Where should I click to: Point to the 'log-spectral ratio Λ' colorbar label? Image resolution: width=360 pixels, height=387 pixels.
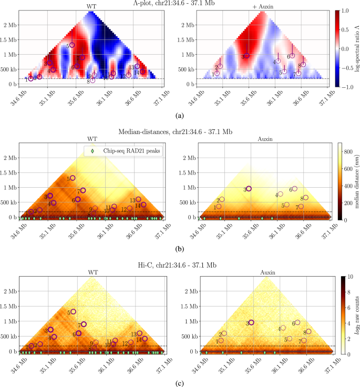click(356, 48)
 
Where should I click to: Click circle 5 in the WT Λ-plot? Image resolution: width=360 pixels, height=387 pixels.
click(73, 45)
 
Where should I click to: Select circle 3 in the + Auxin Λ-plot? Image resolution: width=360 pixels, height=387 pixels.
click(247, 55)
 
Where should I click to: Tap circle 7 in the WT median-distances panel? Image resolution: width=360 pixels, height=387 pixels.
click(83, 190)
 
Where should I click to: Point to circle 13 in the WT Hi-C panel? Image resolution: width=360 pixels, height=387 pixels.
click(139, 333)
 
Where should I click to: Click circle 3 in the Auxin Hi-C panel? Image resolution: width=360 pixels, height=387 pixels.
click(251, 322)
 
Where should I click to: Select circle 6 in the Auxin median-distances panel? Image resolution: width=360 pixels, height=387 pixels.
click(295, 189)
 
